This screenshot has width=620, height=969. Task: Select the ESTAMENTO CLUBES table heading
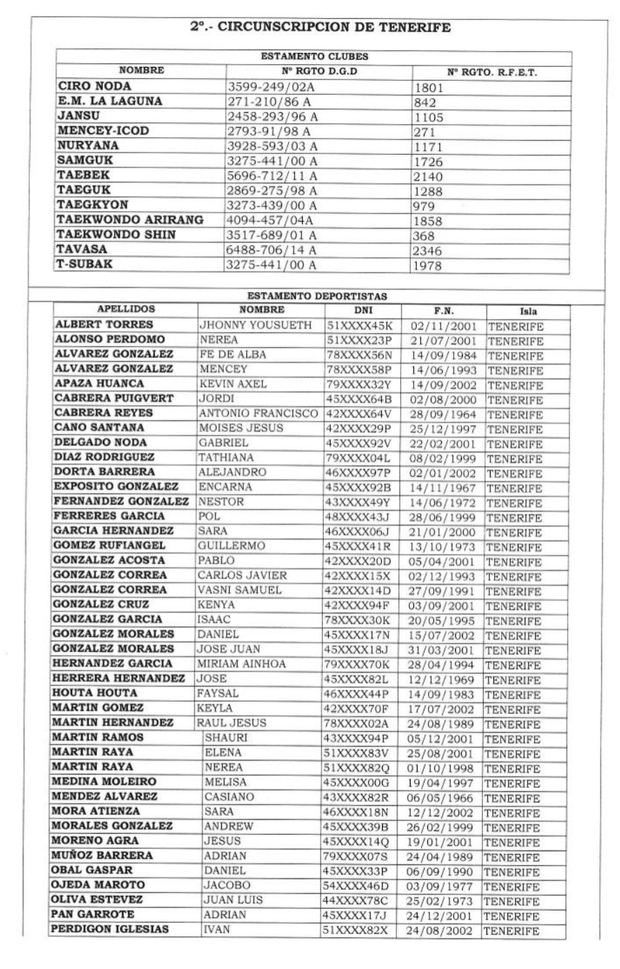314,57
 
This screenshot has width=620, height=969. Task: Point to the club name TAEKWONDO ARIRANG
131,220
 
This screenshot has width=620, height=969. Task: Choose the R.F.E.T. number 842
424,102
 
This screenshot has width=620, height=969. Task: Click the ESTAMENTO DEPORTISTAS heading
317,297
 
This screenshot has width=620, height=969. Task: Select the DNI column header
359,311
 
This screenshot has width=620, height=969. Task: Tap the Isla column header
527,311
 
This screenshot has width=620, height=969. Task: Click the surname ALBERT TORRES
104,325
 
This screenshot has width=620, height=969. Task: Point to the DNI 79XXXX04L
358,458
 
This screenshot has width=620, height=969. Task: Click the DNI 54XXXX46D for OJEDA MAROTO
356,885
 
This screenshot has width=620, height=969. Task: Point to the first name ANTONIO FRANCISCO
258,413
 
